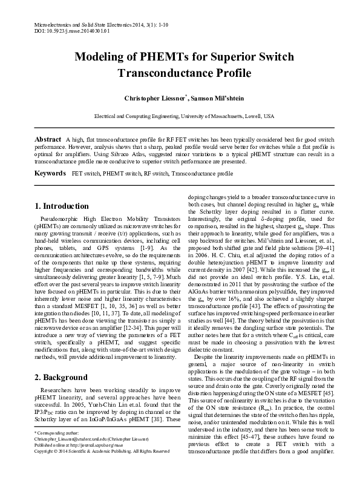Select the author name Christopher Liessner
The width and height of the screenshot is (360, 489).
(151, 98)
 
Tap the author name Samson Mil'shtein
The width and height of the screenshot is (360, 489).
(209, 98)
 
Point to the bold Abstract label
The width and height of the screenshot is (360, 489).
(48, 139)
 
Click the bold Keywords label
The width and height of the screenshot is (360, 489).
(50, 174)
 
